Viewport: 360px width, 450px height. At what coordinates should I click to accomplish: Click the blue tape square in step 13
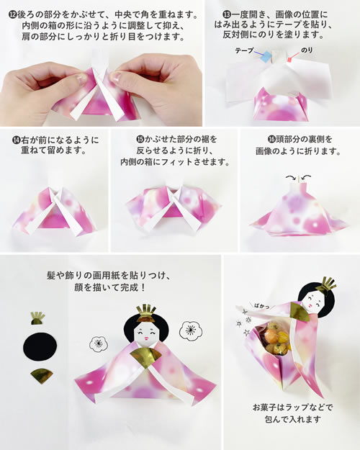tap(266, 57)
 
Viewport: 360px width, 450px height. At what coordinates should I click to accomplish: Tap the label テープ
tap(245, 50)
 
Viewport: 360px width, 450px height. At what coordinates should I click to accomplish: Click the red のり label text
tap(307, 50)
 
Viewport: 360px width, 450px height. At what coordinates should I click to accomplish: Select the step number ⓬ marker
tap(13, 14)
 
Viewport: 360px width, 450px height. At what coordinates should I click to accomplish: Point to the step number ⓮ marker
tap(16, 140)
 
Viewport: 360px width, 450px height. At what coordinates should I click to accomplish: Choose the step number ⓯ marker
tap(140, 140)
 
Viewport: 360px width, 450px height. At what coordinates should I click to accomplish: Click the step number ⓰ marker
tap(271, 140)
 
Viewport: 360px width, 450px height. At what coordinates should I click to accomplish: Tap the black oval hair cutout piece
tap(40, 346)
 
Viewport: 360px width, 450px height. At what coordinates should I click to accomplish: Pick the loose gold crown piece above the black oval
tap(37, 318)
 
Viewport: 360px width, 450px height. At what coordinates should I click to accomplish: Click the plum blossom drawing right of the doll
tap(190, 330)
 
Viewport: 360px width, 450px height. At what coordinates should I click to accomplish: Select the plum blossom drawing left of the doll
tap(99, 343)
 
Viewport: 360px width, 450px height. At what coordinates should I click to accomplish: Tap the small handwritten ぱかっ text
tap(262, 306)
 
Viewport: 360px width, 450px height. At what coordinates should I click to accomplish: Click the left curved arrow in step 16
tap(290, 178)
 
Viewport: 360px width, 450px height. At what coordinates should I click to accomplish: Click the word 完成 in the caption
tap(130, 287)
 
